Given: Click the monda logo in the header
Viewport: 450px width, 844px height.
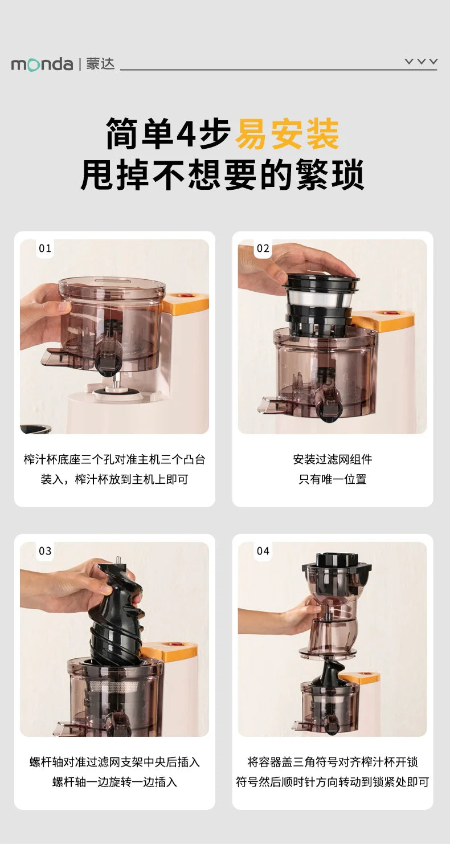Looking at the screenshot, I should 42,64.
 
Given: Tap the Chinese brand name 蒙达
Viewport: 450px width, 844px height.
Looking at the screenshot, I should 100,64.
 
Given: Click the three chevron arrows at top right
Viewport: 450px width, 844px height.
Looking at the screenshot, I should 421,62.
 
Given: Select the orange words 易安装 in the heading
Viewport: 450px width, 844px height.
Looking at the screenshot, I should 287,134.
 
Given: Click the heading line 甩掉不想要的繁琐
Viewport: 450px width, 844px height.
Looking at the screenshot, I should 223,175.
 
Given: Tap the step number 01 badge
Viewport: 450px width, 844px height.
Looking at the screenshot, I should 45,248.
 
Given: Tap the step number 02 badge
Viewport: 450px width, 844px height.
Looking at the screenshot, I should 263,248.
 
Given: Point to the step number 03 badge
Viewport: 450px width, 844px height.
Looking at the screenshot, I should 45,551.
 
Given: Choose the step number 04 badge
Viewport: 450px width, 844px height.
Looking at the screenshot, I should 263,551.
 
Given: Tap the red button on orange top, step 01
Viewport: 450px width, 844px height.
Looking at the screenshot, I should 184,297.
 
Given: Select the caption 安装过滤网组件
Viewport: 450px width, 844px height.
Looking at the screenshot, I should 333,459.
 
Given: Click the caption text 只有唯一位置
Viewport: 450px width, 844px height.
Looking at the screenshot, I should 333,479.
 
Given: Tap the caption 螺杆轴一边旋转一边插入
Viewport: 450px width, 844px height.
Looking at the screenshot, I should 114,782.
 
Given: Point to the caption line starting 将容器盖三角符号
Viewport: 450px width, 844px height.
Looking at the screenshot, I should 333,762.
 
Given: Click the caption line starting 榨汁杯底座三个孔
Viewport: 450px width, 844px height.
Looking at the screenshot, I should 114,459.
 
